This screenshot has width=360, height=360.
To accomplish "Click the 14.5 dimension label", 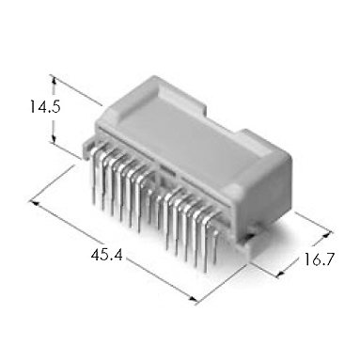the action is coord(45,107).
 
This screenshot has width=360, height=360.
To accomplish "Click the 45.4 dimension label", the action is coord(107,255).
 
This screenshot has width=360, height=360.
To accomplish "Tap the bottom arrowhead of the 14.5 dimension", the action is coord(54,140).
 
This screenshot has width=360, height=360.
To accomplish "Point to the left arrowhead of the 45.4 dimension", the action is coord(34,202).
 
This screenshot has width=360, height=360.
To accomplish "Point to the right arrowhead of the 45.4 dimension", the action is coord(193,299).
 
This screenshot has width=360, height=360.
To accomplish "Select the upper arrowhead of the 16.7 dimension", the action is coord(327,234).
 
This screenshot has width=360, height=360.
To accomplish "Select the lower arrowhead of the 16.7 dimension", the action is coord(280,274).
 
